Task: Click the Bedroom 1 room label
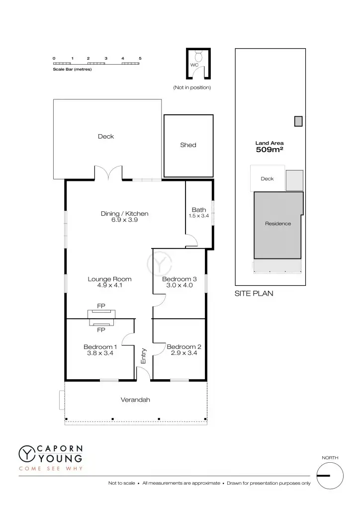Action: pyautogui.click(x=100, y=346)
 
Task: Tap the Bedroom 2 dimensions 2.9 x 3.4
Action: pyautogui.click(x=184, y=353)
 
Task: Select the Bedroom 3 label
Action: pyautogui.click(x=180, y=279)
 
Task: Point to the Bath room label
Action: pyautogui.click(x=198, y=210)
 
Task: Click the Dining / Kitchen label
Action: pyautogui.click(x=124, y=214)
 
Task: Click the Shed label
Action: pyautogui.click(x=188, y=145)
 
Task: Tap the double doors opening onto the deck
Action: pyautogui.click(x=109, y=173)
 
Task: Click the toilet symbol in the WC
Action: pyautogui.click(x=198, y=55)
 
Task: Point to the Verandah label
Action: pyautogui.click(x=135, y=400)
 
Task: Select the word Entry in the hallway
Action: pyautogui.click(x=143, y=355)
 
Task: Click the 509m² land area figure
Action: pyautogui.click(x=269, y=149)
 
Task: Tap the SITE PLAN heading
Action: pyautogui.click(x=254, y=294)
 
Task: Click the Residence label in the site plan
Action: pyautogui.click(x=278, y=224)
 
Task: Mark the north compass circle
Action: pyautogui.click(x=329, y=476)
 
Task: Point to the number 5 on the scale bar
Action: pyautogui.click(x=140, y=59)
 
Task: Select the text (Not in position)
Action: pyautogui.click(x=192, y=87)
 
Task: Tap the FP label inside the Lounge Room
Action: pyautogui.click(x=101, y=306)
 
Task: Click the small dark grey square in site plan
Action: pyautogui.click(x=298, y=121)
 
